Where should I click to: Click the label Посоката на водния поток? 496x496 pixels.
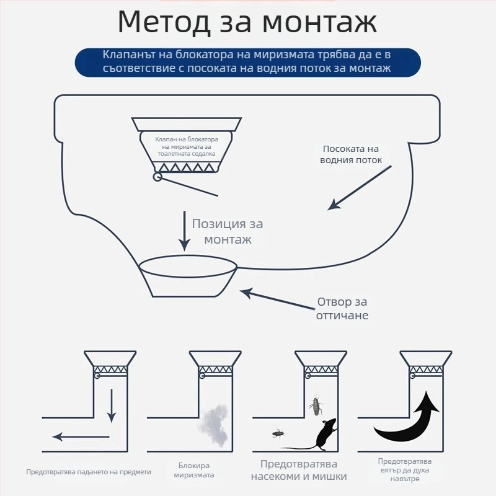(x=350, y=154)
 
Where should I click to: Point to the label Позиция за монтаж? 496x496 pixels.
(x=222, y=232)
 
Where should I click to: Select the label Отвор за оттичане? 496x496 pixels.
(x=343, y=309)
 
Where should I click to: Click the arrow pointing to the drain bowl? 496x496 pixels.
(x=273, y=298)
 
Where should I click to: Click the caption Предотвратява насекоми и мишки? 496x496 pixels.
(x=299, y=471)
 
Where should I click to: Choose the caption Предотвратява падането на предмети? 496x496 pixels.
(x=89, y=472)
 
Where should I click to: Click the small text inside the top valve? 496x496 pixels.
(x=185, y=146)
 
